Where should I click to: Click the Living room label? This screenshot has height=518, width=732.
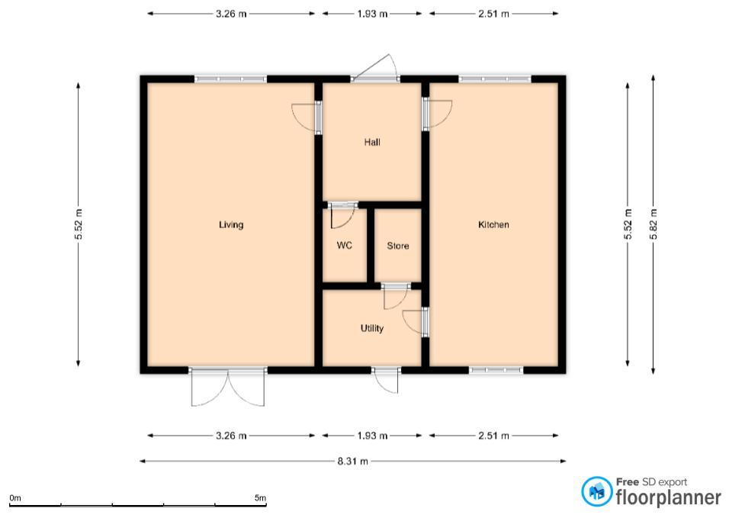231,224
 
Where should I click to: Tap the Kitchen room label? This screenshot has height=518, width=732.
493,224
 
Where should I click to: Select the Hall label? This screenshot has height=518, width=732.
372,142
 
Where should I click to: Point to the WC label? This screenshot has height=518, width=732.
345,245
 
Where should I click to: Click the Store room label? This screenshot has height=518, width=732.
398,246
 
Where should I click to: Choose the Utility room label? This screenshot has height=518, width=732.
372,328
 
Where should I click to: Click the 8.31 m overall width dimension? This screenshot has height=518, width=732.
353,462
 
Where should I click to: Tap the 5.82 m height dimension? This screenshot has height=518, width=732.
653,224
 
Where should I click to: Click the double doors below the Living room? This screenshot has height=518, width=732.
228,388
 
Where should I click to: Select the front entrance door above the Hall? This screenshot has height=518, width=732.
375,69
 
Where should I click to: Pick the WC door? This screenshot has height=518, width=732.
342,215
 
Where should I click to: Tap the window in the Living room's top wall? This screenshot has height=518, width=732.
230,79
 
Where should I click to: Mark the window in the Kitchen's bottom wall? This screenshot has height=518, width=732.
496,371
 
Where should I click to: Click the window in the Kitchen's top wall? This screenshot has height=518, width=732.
495,79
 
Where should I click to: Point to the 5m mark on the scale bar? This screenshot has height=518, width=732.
261,498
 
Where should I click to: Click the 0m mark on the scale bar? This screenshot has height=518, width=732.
15,498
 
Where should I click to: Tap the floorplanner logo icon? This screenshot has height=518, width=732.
596,491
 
